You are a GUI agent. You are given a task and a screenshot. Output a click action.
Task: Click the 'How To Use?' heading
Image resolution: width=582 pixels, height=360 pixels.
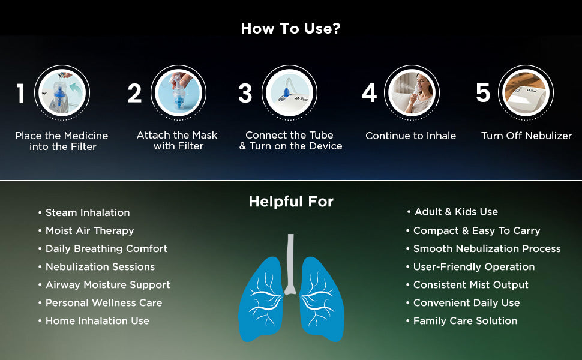290,29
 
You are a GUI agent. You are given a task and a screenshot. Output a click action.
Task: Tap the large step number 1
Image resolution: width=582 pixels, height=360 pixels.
21,93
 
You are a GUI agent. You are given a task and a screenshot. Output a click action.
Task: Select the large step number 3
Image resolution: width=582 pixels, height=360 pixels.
245,93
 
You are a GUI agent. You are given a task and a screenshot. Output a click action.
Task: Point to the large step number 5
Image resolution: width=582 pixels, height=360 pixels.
483,92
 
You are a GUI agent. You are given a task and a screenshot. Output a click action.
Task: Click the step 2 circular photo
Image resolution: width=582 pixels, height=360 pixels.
178,93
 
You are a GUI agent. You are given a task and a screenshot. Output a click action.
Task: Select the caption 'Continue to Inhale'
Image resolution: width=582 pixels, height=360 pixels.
410,136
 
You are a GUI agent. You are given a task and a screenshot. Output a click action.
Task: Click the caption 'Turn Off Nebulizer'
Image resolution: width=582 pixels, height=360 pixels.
526,136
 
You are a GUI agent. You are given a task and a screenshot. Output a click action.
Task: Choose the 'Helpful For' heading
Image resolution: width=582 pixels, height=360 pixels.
291,202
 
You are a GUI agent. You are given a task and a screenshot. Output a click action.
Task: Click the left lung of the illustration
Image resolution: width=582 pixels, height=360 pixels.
261,299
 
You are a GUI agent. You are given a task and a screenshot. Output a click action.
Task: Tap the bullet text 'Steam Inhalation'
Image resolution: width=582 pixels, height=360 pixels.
88,212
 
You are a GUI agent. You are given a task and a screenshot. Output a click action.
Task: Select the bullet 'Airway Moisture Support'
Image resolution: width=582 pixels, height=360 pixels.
107,285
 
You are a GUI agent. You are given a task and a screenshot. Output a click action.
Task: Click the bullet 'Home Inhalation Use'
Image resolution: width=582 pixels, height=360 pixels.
97,320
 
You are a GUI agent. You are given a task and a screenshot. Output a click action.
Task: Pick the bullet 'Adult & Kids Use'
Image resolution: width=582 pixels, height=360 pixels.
456,212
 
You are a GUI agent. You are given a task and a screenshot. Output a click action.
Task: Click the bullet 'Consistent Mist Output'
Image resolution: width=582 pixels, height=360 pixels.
470,285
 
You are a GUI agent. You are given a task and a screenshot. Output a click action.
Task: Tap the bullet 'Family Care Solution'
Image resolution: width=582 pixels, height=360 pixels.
465,321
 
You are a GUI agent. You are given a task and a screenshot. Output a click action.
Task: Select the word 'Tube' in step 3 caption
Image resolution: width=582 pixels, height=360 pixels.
322,135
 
